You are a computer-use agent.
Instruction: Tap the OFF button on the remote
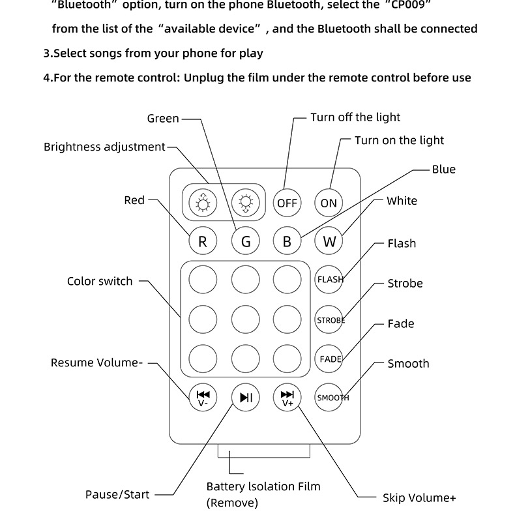[287, 203]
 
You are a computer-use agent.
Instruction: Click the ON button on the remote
[329, 203]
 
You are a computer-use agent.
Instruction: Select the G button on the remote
[246, 241]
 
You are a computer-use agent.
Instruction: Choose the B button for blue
[287, 241]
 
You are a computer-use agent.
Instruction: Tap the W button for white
[329, 241]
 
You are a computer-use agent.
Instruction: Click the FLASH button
[329, 280]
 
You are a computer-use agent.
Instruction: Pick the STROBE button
[329, 320]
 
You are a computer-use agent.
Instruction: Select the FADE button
[329, 359]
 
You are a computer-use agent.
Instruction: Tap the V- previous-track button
[203, 398]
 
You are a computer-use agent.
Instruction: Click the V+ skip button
[287, 398]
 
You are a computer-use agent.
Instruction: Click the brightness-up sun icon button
[203, 203]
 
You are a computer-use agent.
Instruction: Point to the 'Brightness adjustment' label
[104, 147]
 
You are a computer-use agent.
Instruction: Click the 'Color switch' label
[100, 282]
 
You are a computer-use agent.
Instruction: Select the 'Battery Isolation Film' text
[263, 486]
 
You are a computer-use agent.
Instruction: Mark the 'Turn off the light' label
[355, 117]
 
